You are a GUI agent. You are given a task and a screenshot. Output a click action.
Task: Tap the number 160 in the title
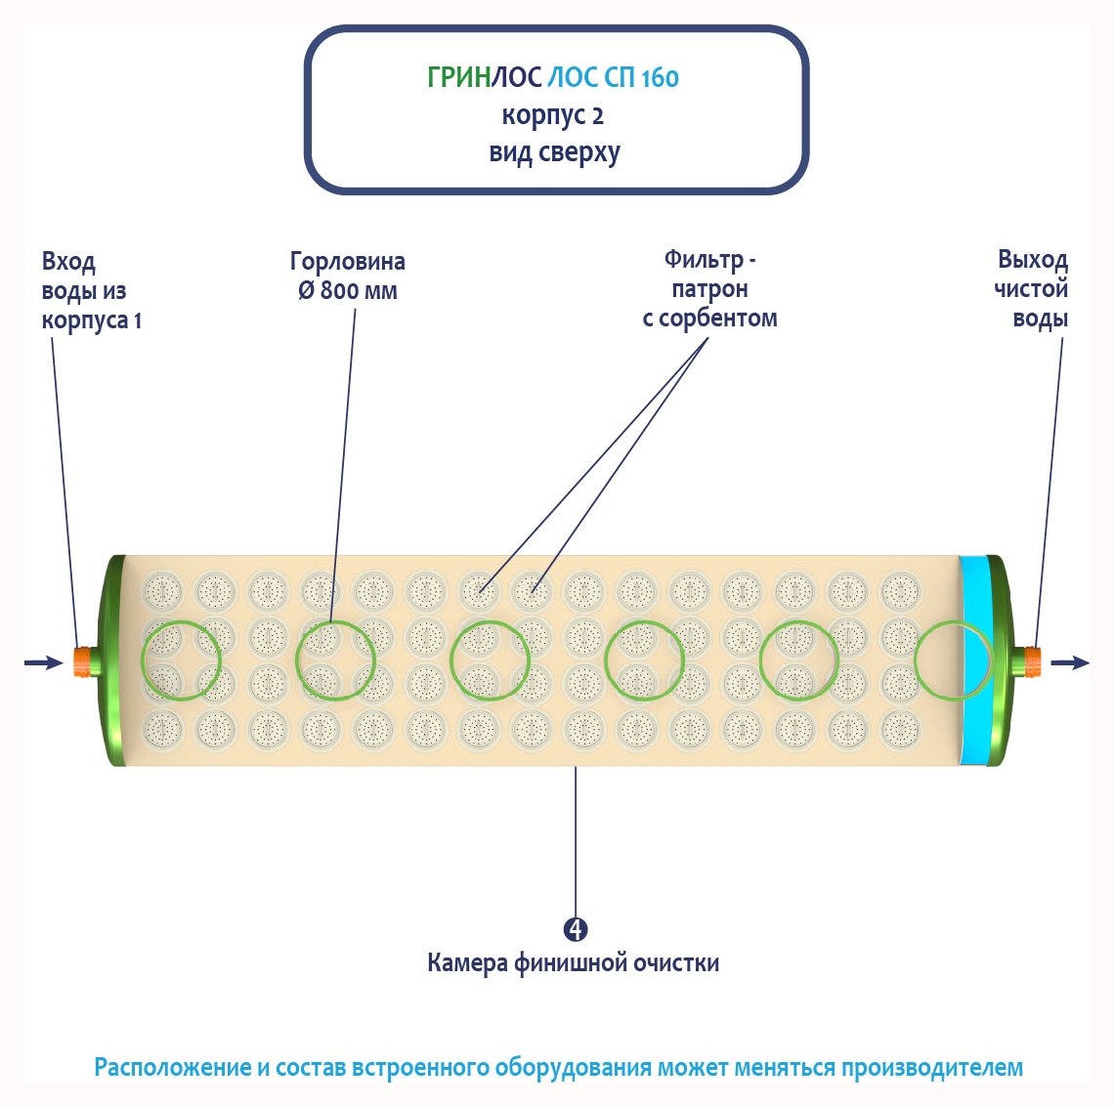coord(660,77)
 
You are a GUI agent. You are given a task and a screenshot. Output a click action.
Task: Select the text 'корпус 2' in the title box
coord(553,115)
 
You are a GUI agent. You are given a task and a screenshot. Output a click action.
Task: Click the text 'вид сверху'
coord(554,153)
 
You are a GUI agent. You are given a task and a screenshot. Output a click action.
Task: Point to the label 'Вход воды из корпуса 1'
coord(91,291)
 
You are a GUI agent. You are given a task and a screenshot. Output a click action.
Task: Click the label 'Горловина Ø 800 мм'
coord(348,277)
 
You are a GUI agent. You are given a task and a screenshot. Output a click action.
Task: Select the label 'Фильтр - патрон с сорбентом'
coord(709,289)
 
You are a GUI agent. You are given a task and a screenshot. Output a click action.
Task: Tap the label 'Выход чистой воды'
coord(1032,289)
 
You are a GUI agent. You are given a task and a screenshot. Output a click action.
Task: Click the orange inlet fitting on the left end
coord(83,660)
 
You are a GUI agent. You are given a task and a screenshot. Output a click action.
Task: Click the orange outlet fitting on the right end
coord(1029,660)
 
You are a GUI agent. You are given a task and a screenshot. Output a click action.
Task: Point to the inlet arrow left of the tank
coord(45,662)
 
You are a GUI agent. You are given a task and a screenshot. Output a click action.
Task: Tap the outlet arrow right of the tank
coord(1070,662)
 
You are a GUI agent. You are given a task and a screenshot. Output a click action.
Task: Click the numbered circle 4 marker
coord(577,928)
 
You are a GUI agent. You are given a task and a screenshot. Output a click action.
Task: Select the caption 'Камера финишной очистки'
coord(573,963)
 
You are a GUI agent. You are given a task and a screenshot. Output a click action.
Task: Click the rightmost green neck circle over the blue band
coord(954,660)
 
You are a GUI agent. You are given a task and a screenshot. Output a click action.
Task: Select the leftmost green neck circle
coord(181,660)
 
